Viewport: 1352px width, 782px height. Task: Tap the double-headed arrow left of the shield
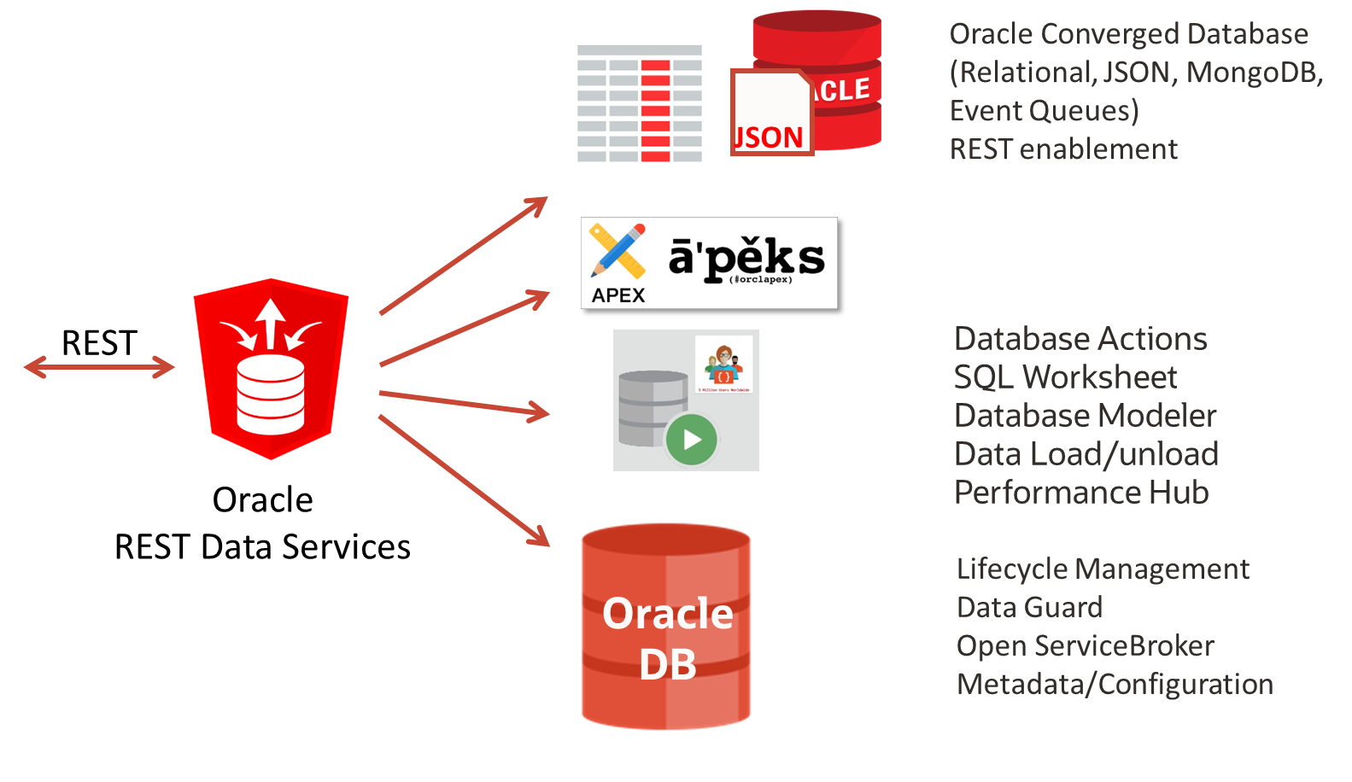(99, 367)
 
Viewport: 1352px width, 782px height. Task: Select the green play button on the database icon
(691, 440)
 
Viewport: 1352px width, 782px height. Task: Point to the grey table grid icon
(639, 103)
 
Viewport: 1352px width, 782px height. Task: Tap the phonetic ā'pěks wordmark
(746, 258)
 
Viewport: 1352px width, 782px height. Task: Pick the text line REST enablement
(1063, 149)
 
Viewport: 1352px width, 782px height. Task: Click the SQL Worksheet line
(1065, 377)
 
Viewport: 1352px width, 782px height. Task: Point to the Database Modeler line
(1085, 416)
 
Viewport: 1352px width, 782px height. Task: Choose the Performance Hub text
(1081, 493)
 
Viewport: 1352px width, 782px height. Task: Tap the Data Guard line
(1029, 607)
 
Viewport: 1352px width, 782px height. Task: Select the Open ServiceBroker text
(1085, 645)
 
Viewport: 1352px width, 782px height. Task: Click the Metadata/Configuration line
(1115, 684)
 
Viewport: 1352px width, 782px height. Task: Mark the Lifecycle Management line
(1103, 569)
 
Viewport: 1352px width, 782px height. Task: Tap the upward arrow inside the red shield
(271, 323)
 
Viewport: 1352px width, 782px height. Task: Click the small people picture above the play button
(723, 364)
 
